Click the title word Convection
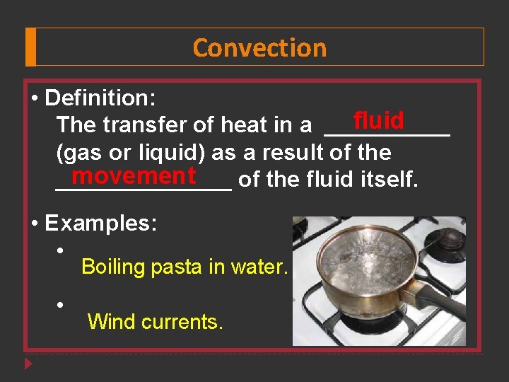[x=259, y=48]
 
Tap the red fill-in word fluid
[x=378, y=120]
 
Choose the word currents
[x=182, y=323]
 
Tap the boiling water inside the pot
[x=353, y=255]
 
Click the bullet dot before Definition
[x=35, y=97]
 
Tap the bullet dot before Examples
[x=35, y=224]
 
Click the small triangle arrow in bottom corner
[x=28, y=365]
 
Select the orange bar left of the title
[x=30, y=47]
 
